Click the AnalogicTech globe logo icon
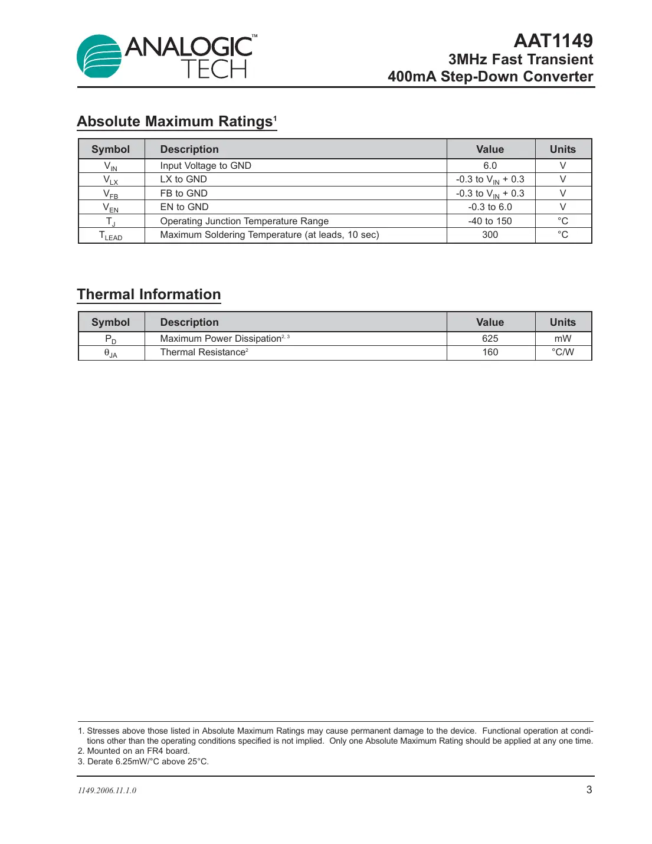[x=99, y=57]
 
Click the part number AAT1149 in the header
[x=553, y=41]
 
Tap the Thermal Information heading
[x=149, y=295]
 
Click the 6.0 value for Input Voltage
[x=490, y=166]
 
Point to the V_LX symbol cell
[x=111, y=180]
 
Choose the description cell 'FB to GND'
[x=184, y=194]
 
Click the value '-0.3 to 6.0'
[x=490, y=207]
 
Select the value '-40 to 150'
[x=490, y=221]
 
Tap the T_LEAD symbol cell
[x=111, y=235]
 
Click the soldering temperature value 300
[x=490, y=235]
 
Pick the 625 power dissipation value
[x=490, y=339]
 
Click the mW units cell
[x=562, y=339]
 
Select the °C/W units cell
[x=562, y=352]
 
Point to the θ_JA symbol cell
[x=111, y=353]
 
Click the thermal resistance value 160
[x=490, y=352]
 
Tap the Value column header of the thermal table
[x=490, y=322]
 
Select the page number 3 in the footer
[x=589, y=790]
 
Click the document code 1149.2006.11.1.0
[x=107, y=791]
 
